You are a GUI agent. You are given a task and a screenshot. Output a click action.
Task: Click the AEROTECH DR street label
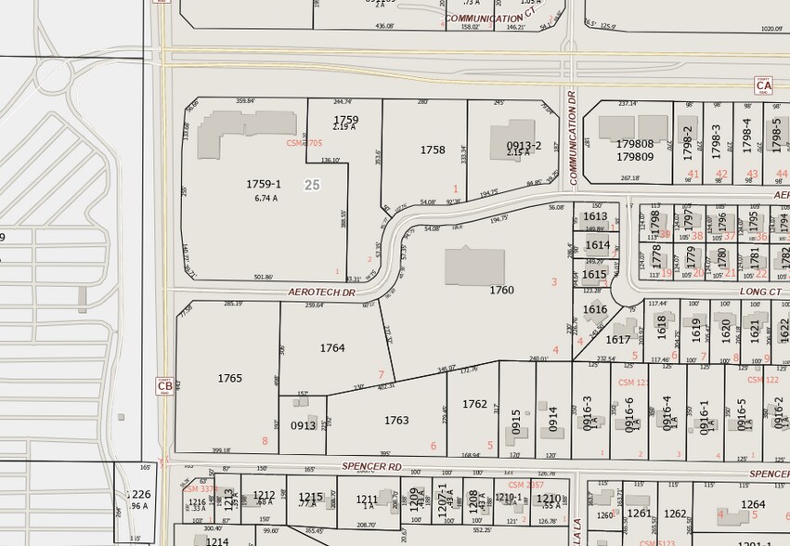pyautogui.click(x=321, y=292)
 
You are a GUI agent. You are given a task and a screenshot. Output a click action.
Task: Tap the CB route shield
pyautogui.click(x=164, y=386)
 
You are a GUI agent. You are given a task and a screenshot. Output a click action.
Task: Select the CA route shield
pyautogui.click(x=763, y=84)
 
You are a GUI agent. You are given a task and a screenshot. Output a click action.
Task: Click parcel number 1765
pyautogui.click(x=229, y=378)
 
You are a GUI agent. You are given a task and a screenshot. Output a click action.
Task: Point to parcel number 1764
pyautogui.click(x=332, y=348)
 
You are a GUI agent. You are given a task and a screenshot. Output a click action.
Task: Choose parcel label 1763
pyautogui.click(x=396, y=421)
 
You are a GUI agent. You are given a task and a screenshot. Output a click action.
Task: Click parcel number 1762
pyautogui.click(x=474, y=404)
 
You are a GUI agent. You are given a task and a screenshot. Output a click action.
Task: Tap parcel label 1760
pyautogui.click(x=501, y=291)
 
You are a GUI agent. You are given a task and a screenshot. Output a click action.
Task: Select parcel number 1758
pyautogui.click(x=433, y=149)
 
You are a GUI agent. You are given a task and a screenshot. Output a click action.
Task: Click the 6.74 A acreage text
pyautogui.click(x=265, y=198)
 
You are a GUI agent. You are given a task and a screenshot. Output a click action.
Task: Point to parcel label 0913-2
pyautogui.click(x=524, y=146)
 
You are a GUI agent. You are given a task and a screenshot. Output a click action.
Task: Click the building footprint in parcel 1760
pyautogui.click(x=474, y=266)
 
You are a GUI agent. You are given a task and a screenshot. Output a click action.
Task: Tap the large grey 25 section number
pyautogui.click(x=312, y=185)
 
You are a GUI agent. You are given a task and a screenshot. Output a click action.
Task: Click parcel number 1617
pyautogui.click(x=617, y=340)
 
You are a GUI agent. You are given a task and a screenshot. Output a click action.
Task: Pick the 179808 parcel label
pyautogui.click(x=635, y=144)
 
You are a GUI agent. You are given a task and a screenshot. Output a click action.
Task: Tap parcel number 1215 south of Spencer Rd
pyautogui.click(x=311, y=497)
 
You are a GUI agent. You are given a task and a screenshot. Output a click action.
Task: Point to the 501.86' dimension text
pyautogui.click(x=263, y=277)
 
